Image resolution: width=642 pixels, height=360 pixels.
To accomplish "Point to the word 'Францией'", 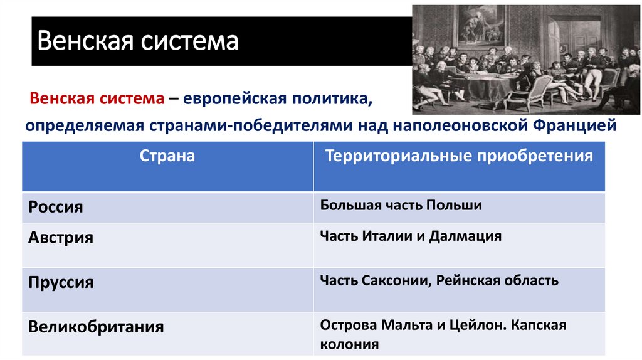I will (575, 125).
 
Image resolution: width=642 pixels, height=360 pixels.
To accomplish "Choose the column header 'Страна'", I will (167, 156).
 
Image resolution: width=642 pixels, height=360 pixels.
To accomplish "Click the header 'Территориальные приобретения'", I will (458, 156).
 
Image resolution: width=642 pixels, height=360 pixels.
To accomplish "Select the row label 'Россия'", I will (56, 207).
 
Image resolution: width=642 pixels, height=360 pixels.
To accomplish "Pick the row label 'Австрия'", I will (61, 238).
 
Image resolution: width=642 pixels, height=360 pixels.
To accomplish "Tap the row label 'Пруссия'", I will (61, 282).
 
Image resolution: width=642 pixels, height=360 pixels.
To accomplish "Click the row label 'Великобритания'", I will (96, 326).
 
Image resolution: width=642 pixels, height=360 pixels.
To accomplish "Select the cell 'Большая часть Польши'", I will (401, 206).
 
